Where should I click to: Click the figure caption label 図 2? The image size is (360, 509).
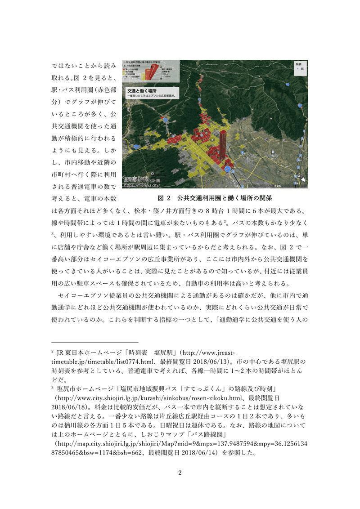[165, 198]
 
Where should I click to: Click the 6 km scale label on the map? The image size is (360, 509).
[290, 185]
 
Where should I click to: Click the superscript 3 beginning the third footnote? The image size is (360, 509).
[53, 388]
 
